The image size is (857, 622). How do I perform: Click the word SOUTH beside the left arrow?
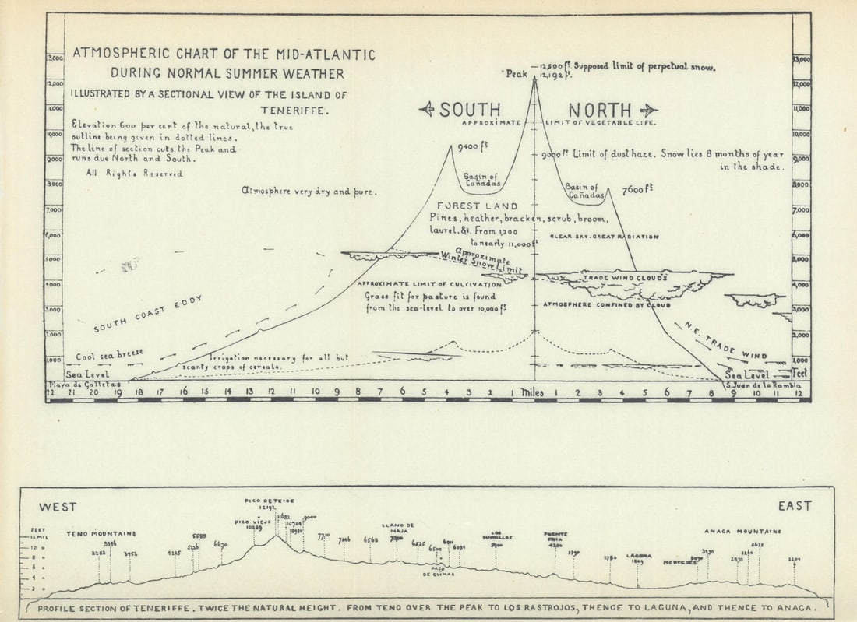click(x=470, y=110)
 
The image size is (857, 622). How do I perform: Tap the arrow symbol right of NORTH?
click(x=648, y=110)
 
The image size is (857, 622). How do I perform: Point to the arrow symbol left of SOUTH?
click(x=427, y=110)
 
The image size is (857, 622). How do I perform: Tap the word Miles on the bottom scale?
click(x=532, y=392)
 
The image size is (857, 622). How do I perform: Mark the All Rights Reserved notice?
click(x=134, y=174)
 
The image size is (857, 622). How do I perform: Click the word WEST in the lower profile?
click(x=58, y=507)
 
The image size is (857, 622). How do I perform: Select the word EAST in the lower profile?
click(x=795, y=506)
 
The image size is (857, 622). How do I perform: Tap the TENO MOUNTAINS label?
click(x=101, y=534)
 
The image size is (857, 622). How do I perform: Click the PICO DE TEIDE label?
click(x=269, y=501)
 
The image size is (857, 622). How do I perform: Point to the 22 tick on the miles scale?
click(x=50, y=392)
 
